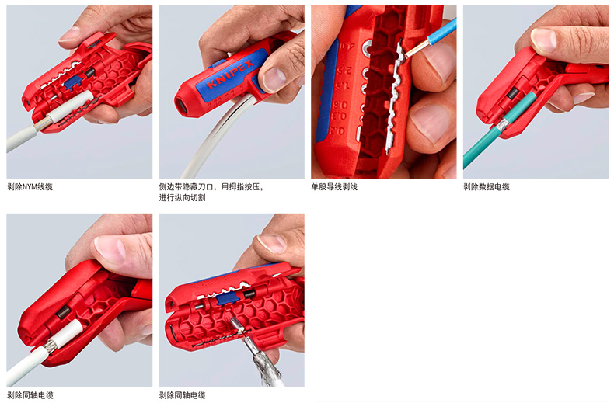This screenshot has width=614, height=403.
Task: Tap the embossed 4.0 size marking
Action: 347,45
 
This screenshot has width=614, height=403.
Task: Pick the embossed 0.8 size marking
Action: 340,105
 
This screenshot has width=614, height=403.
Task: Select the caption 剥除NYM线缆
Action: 30,186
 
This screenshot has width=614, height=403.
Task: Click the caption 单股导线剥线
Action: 334,186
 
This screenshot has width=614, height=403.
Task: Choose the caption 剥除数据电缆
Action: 487,186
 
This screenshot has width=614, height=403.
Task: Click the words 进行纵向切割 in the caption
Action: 182,197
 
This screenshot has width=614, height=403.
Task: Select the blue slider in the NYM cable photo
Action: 73,82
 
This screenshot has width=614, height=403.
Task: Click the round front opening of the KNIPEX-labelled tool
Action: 183,105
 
